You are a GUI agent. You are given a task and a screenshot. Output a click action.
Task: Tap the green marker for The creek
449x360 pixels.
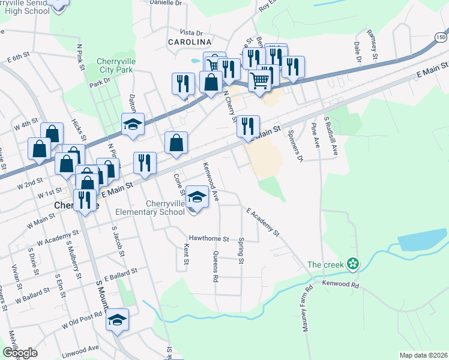pyautogui.click(x=354, y=263)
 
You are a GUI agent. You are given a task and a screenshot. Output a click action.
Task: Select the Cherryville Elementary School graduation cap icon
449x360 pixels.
pyautogui.click(x=197, y=197)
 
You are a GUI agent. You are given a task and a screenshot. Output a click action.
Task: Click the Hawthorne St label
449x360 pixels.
pyautogui.click(x=209, y=238)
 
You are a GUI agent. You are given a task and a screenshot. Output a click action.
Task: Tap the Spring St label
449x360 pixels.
pyautogui.click(x=241, y=251)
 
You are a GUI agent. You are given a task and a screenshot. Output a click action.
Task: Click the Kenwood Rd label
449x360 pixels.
pyautogui.click(x=340, y=284)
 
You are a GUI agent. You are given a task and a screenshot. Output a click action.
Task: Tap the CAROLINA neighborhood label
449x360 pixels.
pyautogui.click(x=190, y=42)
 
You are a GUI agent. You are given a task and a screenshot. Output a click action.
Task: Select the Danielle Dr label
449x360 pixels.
pyautogui.click(x=166, y=3)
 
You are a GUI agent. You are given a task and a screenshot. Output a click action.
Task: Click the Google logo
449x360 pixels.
pyautogui.click(x=20, y=353)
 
